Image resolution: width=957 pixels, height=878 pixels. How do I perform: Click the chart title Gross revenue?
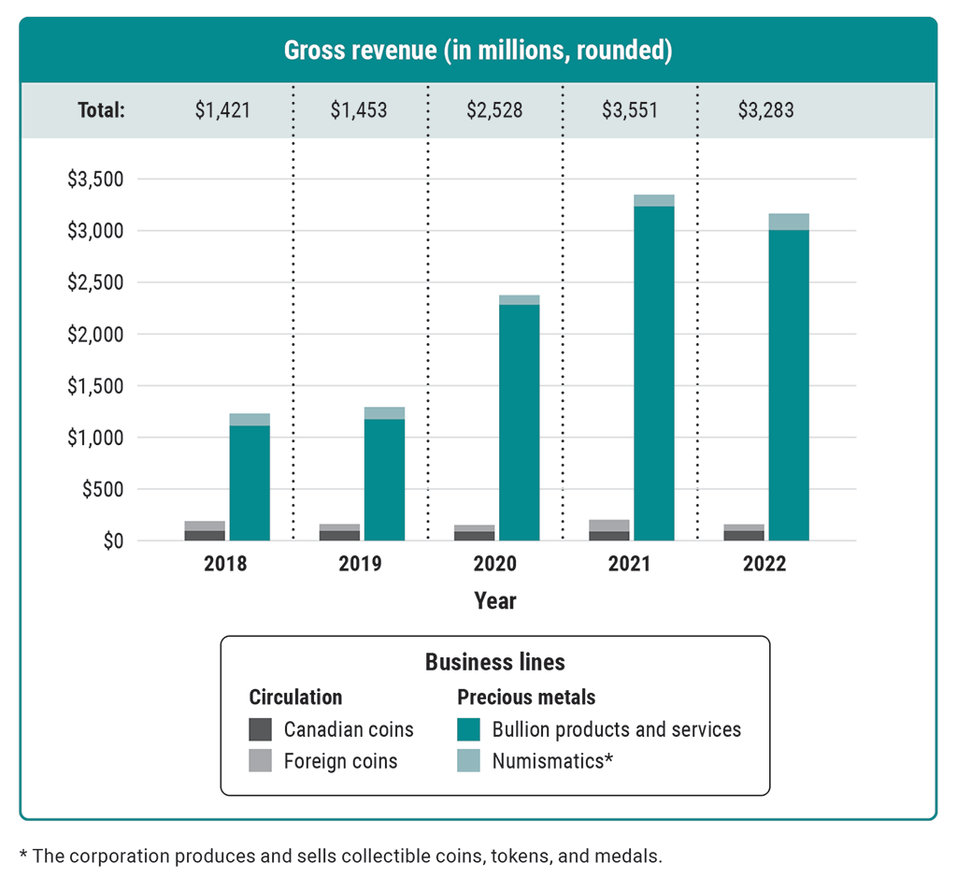click(478, 50)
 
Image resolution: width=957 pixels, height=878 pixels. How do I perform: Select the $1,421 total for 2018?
click(223, 110)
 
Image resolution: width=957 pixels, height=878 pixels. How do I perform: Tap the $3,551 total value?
click(629, 110)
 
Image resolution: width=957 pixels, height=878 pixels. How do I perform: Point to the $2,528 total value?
click(494, 110)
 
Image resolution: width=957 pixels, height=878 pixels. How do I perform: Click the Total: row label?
click(101, 110)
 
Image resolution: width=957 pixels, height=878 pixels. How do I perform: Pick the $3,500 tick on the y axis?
click(97, 180)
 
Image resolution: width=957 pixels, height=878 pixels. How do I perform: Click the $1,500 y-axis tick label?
click(97, 386)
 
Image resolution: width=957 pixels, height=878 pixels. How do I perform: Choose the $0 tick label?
click(110, 541)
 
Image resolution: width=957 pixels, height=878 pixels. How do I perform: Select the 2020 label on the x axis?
click(494, 565)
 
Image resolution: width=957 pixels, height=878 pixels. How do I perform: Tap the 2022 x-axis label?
click(764, 565)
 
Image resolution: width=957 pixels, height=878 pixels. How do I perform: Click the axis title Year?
click(494, 600)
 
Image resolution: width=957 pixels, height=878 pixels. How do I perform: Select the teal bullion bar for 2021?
click(654, 374)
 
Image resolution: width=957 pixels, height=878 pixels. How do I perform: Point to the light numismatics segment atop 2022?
click(789, 222)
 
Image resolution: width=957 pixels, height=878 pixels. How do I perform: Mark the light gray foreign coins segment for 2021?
click(608, 525)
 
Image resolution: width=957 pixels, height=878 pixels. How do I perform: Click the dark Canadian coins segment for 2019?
click(339, 536)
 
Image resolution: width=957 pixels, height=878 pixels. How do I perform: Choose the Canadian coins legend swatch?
click(261, 729)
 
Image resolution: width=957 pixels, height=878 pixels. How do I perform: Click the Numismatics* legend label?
click(552, 761)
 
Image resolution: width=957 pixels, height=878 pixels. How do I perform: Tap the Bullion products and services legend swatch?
click(468, 729)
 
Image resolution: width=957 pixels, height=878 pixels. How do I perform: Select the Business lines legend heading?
click(494, 662)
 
